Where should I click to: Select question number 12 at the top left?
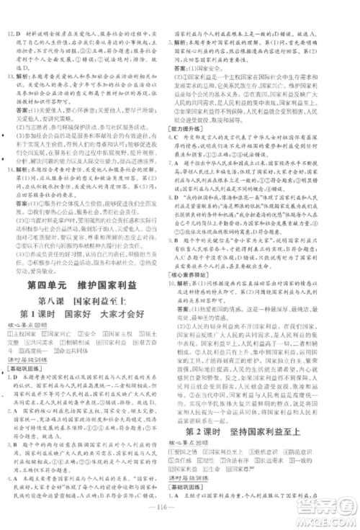coord(12,14)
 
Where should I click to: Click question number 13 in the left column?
coord(12,74)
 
